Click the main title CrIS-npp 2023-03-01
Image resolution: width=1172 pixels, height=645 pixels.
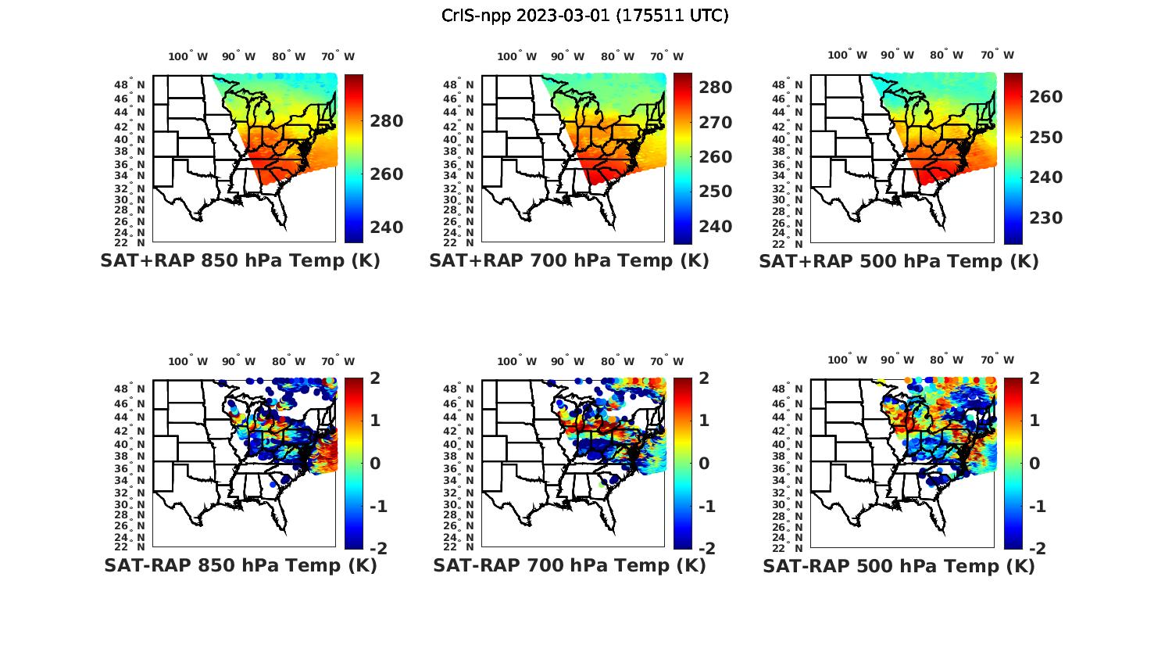pyautogui.click(x=584, y=16)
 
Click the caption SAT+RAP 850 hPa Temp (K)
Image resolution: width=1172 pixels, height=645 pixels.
pyautogui.click(x=240, y=260)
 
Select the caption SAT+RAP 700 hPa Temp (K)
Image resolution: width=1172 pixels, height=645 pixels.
pyautogui.click(x=569, y=260)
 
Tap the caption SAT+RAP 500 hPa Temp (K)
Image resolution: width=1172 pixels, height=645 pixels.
pyautogui.click(x=899, y=261)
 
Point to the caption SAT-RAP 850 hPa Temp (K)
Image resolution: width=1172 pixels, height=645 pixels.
pyautogui.click(x=241, y=565)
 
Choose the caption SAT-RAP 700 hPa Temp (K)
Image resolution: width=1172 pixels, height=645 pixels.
pyautogui.click(x=570, y=565)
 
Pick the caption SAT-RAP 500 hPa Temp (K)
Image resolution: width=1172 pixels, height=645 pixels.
pyautogui.click(x=899, y=566)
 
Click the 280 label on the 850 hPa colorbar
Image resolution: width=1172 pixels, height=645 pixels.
pyautogui.click(x=387, y=121)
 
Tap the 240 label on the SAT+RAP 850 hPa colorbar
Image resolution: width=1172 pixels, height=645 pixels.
pyautogui.click(x=387, y=228)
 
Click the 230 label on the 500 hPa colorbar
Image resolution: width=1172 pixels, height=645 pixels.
pyautogui.click(x=1045, y=218)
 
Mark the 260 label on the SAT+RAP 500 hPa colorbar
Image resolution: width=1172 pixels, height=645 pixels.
pyautogui.click(x=1045, y=97)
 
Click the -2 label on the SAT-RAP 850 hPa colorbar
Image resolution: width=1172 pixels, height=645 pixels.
pyautogui.click(x=378, y=548)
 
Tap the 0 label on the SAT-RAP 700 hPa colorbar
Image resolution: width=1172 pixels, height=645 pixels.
pyautogui.click(x=704, y=463)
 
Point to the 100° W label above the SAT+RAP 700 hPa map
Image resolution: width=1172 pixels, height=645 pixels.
pyautogui.click(x=516, y=56)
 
